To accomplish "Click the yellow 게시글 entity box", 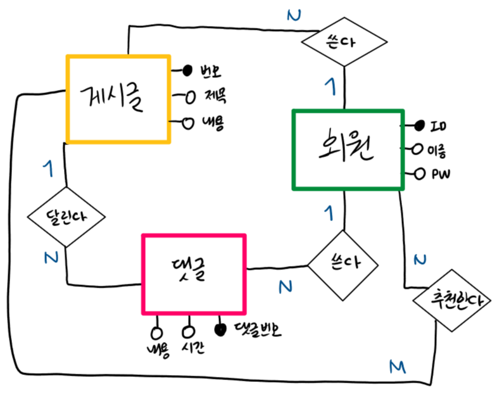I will (118, 99).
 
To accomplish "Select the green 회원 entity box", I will (347, 150).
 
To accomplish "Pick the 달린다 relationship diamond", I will (65, 215).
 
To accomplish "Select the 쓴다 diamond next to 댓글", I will (343, 263).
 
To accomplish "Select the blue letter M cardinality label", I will (396, 366).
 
